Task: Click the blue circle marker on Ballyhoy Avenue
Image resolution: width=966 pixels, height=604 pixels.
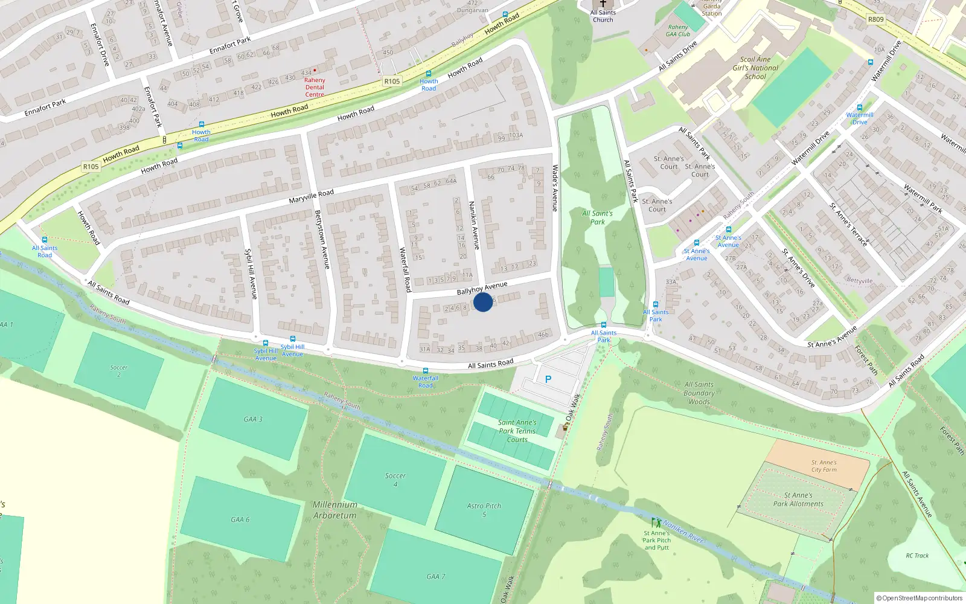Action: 483,301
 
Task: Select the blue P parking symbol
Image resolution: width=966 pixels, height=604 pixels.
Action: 548,379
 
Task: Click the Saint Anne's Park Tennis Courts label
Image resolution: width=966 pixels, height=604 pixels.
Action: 517,431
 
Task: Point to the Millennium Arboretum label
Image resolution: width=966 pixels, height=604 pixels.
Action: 335,510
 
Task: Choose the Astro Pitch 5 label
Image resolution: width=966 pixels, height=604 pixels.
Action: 484,510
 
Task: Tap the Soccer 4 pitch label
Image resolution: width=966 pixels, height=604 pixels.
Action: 395,480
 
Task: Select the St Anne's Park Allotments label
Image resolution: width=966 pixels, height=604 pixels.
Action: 798,500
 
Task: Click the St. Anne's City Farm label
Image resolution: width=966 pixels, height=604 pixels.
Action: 824,466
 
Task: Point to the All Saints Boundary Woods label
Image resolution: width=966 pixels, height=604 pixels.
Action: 699,393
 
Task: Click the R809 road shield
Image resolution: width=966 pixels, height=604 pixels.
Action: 875,19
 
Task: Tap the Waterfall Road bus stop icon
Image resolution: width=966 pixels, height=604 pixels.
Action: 426,371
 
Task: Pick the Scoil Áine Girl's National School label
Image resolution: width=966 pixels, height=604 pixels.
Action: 756,68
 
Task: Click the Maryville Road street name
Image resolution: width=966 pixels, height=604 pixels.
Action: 311,196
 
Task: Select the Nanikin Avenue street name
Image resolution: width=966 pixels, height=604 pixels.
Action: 475,225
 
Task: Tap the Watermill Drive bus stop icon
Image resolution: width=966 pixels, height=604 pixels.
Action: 860,108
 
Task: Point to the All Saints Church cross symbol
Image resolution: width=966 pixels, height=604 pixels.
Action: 603,4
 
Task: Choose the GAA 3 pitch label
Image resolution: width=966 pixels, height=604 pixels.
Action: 253,419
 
